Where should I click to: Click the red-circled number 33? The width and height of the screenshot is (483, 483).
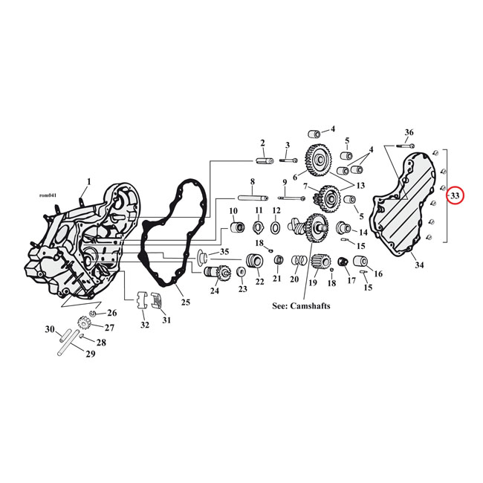(455, 195)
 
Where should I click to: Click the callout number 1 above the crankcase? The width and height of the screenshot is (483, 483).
(89, 181)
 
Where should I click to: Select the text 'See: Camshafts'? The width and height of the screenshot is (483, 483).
(302, 305)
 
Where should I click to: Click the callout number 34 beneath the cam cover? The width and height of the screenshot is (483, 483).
(419, 265)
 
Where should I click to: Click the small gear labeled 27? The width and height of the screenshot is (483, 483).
(84, 324)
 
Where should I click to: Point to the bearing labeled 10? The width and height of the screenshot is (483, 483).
(233, 223)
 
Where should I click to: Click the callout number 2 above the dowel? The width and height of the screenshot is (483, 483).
(262, 143)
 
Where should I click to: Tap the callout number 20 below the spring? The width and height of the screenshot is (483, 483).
(294, 279)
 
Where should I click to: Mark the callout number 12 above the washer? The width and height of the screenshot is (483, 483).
(276, 211)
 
